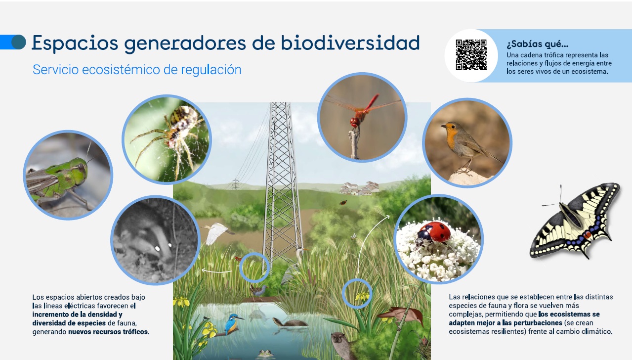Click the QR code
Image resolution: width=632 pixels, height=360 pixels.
471,55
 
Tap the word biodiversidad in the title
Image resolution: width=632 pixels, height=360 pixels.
350,43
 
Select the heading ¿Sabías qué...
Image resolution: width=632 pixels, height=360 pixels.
537,44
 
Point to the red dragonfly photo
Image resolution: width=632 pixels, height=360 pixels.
362,117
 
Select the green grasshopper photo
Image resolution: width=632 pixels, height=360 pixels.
68,175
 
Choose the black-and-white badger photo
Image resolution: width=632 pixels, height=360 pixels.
156,240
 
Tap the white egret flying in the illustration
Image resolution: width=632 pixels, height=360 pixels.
217,233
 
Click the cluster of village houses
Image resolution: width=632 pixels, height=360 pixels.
359,188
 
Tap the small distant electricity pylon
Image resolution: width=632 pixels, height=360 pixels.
235,184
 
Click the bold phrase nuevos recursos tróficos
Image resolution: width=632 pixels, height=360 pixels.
108,332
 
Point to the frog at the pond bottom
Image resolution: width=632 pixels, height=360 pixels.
265,353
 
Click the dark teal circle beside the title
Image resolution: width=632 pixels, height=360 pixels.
19,42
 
